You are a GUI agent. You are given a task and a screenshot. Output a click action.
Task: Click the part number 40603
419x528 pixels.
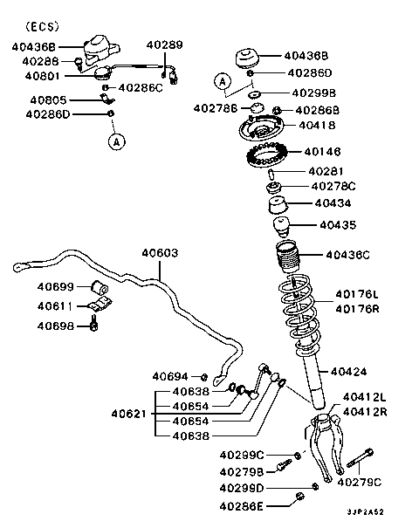click(x=160, y=253)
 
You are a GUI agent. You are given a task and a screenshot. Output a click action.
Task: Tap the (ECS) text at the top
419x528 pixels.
click(x=42, y=26)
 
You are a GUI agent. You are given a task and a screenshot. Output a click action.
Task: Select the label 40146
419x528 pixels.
click(x=322, y=152)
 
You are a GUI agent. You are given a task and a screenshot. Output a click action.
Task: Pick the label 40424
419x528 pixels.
click(x=348, y=372)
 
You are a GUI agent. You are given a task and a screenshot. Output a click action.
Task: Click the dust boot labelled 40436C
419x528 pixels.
click(x=287, y=256)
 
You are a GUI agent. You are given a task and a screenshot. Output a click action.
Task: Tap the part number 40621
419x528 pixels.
click(x=129, y=414)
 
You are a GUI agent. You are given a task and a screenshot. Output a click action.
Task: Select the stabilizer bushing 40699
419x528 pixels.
click(x=100, y=287)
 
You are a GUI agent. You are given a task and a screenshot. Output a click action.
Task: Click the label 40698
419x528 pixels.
click(x=55, y=326)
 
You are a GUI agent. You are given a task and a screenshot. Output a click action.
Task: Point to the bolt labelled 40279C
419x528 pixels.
click(x=360, y=457)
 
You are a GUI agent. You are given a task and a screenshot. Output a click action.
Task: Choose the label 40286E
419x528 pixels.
click(x=241, y=506)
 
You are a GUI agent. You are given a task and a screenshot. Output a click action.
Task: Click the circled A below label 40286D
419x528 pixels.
click(x=117, y=141)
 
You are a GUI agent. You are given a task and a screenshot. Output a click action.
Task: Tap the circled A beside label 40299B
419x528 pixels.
click(x=223, y=81)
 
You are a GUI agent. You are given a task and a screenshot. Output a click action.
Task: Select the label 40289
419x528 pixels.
click(x=164, y=45)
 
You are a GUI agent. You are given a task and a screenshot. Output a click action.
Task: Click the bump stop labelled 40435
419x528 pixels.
click(x=281, y=227)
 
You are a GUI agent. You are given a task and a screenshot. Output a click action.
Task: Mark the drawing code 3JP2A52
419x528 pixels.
click(x=366, y=511)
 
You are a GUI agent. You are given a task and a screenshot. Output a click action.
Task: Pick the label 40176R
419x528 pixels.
click(x=357, y=309)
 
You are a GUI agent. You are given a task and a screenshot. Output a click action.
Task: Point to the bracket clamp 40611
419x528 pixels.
click(x=100, y=304)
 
